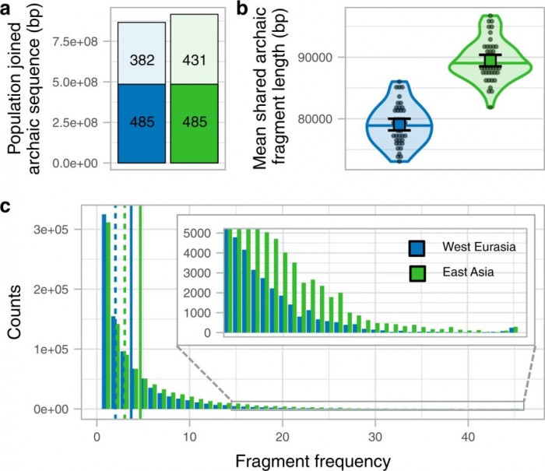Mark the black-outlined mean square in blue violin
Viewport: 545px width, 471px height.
point(399,125)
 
